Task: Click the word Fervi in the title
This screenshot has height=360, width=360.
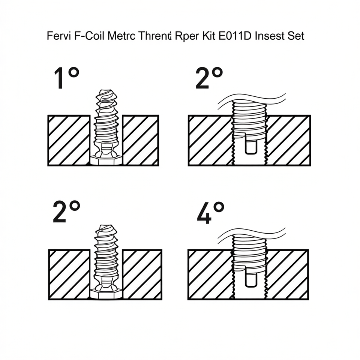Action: [57, 37]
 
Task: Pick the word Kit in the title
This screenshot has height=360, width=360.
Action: [207, 37]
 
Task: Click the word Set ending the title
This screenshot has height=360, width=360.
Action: [295, 37]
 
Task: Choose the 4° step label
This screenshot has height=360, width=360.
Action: [210, 212]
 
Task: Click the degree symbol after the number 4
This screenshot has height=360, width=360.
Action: [219, 207]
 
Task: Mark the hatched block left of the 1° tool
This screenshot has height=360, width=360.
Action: [69, 140]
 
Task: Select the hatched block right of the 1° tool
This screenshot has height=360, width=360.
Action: [141, 140]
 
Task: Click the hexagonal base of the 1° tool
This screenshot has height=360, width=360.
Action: [106, 160]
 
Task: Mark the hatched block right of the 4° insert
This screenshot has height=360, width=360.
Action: [288, 274]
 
